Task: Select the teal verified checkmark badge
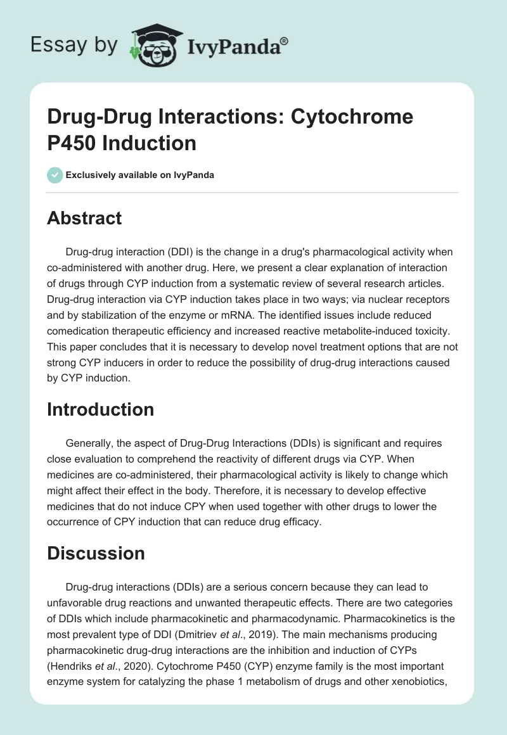pos(55,175)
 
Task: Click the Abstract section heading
pos(84,218)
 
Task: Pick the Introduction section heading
pos(100,409)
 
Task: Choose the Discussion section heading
pos(96,553)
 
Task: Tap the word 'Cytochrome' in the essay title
pos(352,117)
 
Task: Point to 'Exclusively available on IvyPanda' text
pos(139,175)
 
